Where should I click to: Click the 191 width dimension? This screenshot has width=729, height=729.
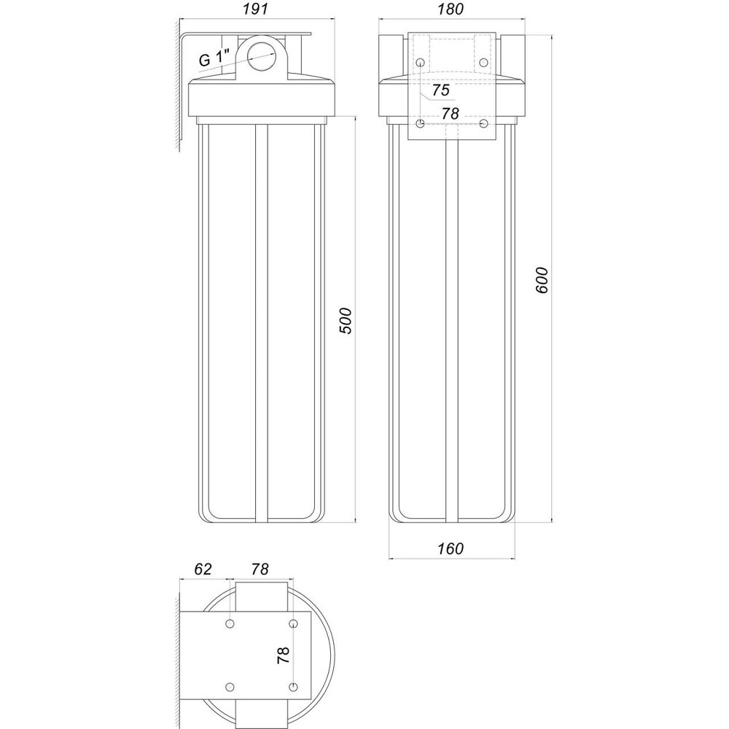255,9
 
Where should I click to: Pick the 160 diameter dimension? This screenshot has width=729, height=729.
451,549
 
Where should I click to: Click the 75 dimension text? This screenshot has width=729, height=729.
440,90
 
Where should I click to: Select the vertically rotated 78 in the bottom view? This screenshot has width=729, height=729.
284,653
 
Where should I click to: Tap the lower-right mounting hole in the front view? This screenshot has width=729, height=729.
483,124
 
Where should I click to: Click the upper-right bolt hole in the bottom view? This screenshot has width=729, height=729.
293,624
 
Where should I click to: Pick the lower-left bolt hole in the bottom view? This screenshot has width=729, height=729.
230,687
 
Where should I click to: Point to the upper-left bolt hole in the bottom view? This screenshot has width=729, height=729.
230,624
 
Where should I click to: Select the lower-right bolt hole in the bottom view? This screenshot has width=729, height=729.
293,687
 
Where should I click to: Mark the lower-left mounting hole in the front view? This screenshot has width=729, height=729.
421,124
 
